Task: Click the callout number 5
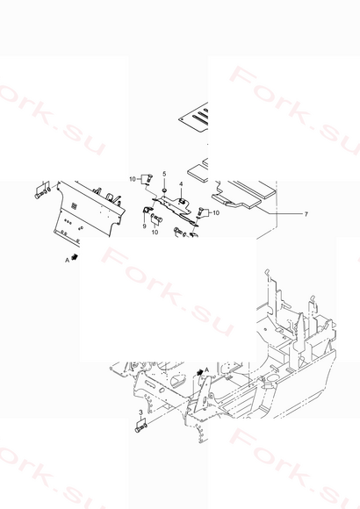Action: click(x=164, y=174)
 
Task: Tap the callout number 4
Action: click(x=181, y=184)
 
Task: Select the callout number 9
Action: click(x=145, y=226)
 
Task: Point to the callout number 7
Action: click(x=306, y=214)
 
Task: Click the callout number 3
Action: click(x=140, y=412)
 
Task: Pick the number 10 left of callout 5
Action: click(x=133, y=179)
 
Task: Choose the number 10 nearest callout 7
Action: click(x=216, y=213)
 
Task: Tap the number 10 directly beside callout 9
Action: click(x=155, y=232)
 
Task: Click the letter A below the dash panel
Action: click(x=68, y=260)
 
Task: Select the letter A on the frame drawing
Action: click(x=206, y=369)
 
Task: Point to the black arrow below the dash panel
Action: click(x=75, y=257)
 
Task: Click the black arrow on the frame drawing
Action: click(x=200, y=372)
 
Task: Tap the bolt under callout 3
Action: click(x=140, y=428)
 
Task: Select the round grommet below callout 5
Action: click(x=164, y=190)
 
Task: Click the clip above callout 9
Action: click(x=147, y=210)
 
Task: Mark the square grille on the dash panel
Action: click(x=74, y=204)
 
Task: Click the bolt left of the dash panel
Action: click(x=40, y=195)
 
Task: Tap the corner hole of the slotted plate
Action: click(x=183, y=119)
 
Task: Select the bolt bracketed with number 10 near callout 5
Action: click(x=149, y=178)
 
